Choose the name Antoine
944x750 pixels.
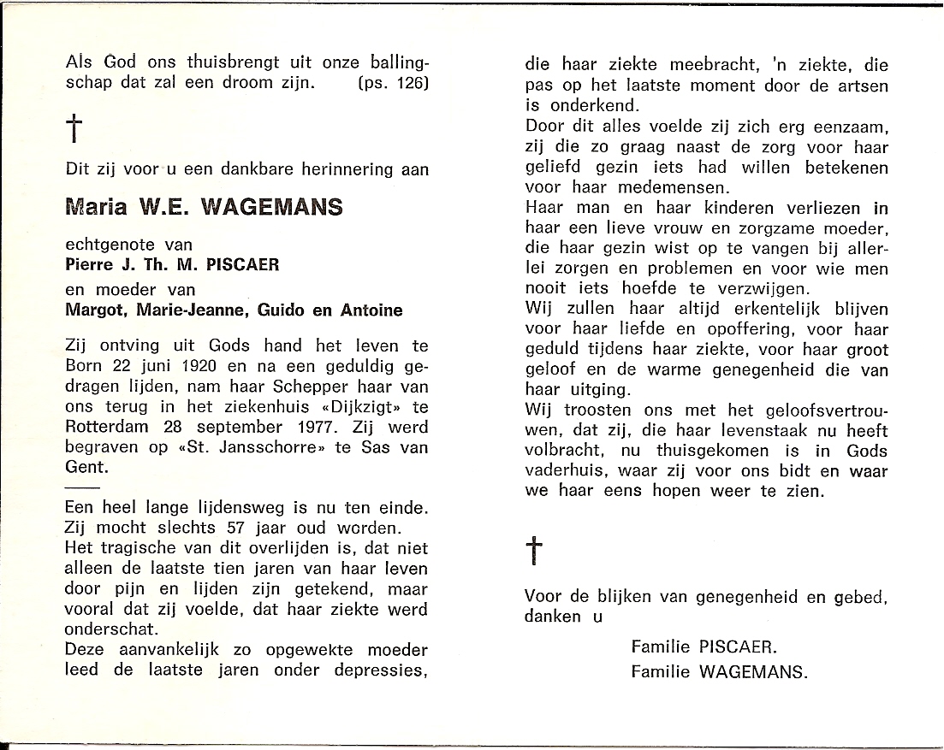pyautogui.click(x=370, y=310)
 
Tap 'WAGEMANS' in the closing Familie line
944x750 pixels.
pyautogui.click(x=752, y=671)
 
